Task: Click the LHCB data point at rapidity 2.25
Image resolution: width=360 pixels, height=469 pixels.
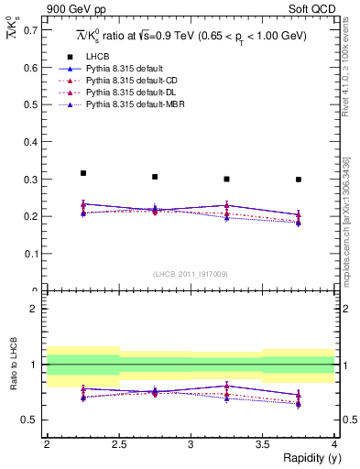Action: point(83,173)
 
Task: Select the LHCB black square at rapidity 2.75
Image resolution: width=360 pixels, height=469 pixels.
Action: point(155,177)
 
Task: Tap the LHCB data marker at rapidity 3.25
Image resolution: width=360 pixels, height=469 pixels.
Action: point(226,179)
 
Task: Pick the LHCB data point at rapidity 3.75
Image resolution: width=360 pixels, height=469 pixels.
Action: point(299,180)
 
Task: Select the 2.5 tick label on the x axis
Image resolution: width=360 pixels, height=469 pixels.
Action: point(119,444)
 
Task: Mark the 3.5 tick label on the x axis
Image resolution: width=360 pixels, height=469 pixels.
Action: point(263,444)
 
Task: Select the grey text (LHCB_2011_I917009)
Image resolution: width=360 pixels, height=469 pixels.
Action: point(191,273)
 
